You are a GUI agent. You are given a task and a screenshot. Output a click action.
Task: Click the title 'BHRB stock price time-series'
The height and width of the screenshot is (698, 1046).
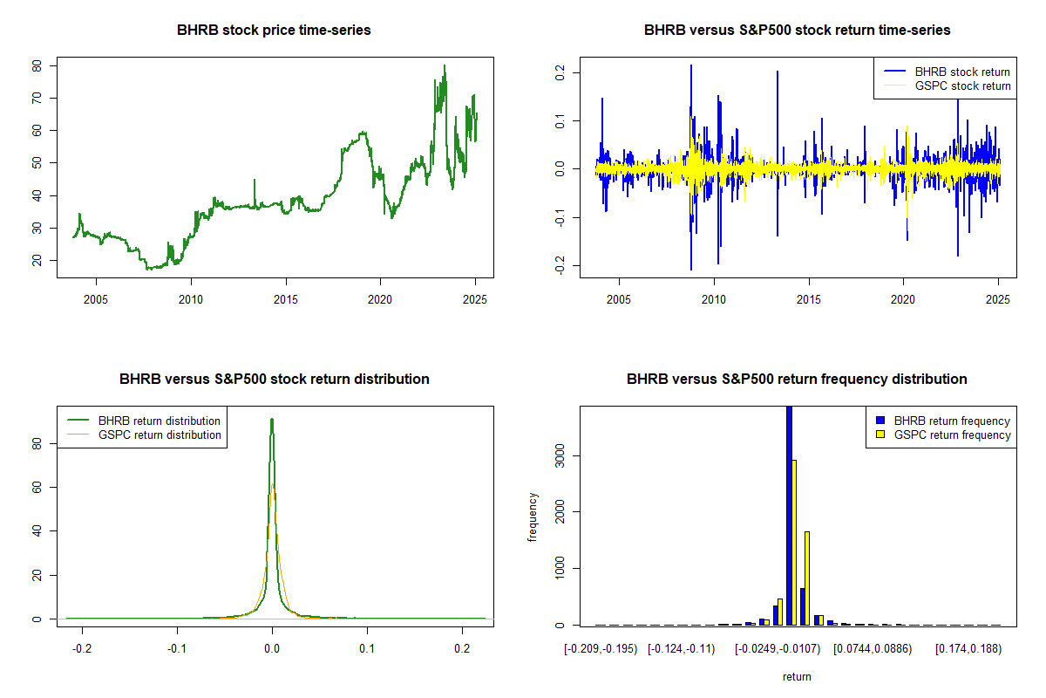coord(274,31)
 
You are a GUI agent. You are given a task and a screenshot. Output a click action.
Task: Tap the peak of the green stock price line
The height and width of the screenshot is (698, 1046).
coord(444,65)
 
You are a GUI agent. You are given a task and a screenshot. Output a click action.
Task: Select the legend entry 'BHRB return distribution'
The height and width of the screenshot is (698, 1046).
coord(160,421)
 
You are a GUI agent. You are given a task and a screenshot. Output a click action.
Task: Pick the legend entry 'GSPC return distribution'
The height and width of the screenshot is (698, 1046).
coord(160,435)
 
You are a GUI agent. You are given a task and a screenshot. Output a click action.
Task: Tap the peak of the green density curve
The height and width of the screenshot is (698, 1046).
coord(272,419)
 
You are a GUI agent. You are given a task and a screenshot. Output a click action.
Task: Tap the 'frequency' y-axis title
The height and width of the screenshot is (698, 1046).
coord(533,517)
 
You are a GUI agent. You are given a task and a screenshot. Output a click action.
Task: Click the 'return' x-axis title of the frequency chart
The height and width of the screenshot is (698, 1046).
coord(797,676)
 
